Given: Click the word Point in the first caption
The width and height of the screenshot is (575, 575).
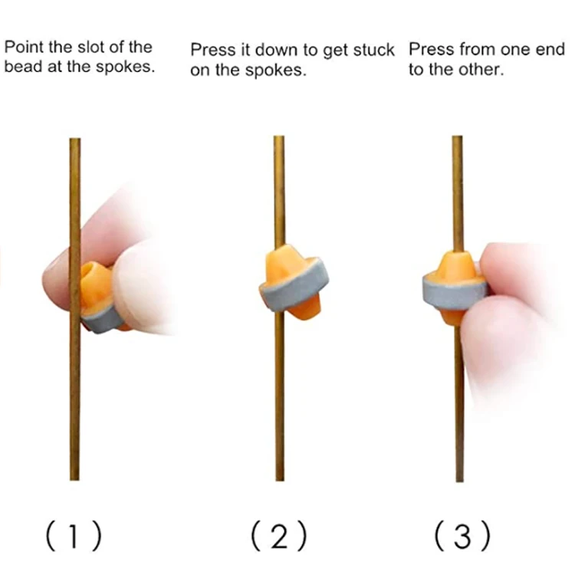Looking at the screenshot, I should (22, 48).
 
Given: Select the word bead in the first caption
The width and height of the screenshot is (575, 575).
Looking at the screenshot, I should (21, 66).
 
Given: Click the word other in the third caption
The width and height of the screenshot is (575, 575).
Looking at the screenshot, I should (483, 69).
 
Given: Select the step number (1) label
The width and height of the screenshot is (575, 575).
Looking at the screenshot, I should (74, 536).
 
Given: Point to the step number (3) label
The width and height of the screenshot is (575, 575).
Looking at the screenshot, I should (462, 536).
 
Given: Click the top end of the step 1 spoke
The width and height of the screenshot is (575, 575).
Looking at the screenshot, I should (74, 141).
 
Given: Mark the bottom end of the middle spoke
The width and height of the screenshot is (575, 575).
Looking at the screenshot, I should (280, 478).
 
